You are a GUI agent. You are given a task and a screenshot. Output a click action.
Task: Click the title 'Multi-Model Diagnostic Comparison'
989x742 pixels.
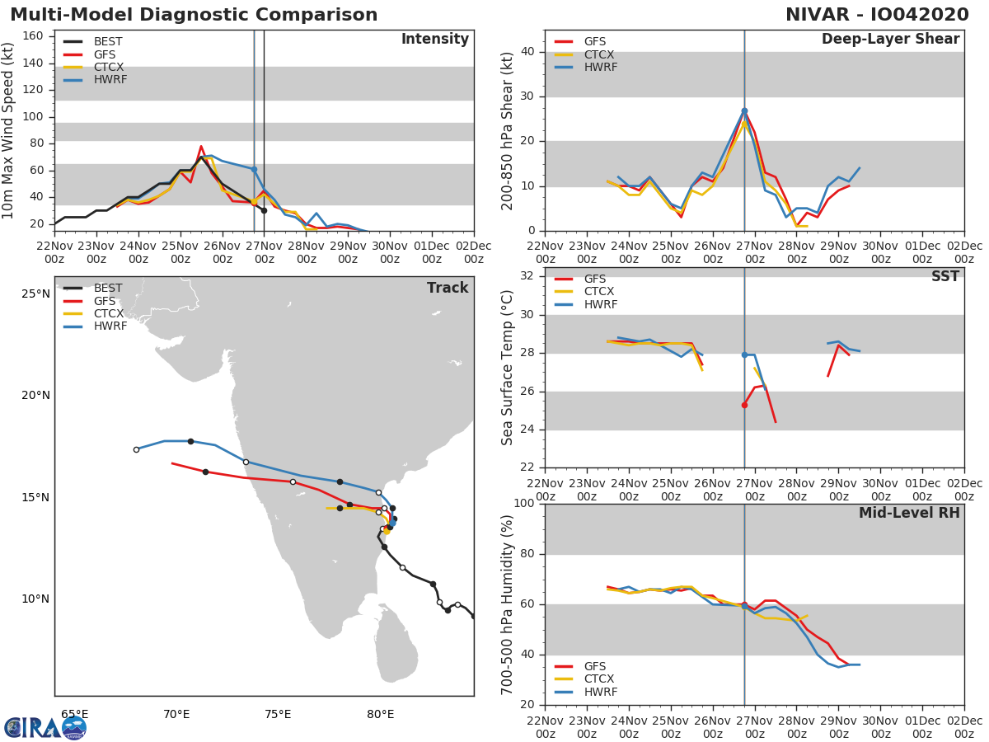pos(194,15)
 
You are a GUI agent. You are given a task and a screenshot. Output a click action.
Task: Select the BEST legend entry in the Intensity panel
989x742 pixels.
pos(108,41)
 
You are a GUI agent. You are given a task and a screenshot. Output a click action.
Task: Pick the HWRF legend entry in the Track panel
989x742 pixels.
pos(109,326)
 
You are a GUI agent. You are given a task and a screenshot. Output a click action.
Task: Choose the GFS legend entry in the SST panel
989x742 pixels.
pos(595,279)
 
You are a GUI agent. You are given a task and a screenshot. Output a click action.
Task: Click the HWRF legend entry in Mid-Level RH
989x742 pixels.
pos(599,693)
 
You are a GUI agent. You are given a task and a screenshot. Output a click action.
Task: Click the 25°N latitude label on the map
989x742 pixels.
pos(35,294)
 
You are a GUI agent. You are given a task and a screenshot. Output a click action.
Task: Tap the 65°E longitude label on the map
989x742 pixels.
pos(74,714)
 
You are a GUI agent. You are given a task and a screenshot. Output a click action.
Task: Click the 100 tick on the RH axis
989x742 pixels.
pos(523,504)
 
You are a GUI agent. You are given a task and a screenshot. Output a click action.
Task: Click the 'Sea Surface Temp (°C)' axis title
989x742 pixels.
pos(508,368)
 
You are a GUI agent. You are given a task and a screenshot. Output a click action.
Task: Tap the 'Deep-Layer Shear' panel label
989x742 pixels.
pos(890,40)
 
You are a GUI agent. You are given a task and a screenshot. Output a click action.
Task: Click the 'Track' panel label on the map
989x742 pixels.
pos(447,288)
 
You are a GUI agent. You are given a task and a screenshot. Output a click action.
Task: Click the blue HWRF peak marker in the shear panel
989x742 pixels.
pos(744,110)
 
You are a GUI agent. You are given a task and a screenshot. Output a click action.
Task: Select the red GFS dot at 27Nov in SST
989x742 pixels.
pos(744,405)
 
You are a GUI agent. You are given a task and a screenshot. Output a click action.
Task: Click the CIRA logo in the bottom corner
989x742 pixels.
pos(45,727)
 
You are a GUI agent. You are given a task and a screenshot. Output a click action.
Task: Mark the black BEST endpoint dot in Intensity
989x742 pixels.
pos(264,210)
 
